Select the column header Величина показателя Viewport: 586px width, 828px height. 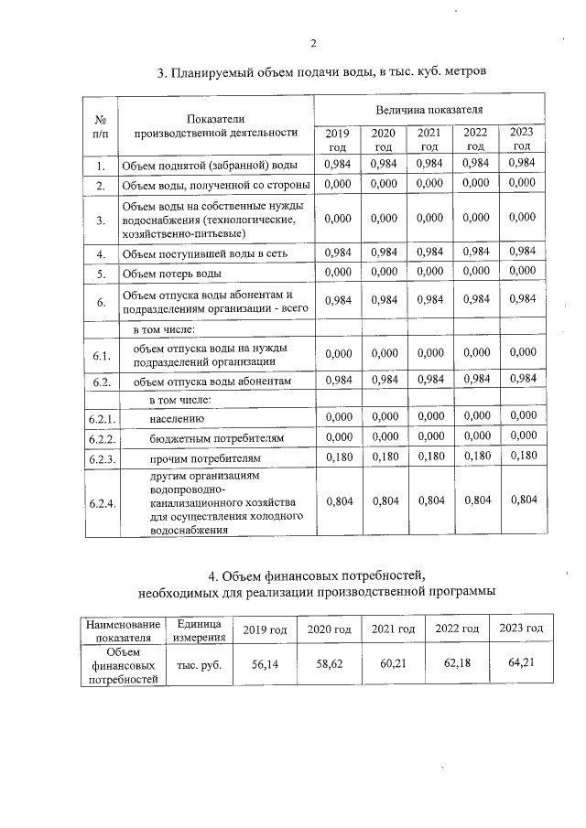429,109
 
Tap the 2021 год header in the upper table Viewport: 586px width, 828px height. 429,139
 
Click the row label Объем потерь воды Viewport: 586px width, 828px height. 172,273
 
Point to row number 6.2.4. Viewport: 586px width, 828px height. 102,502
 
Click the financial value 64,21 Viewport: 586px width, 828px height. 520,661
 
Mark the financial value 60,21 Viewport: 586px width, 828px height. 393,662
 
